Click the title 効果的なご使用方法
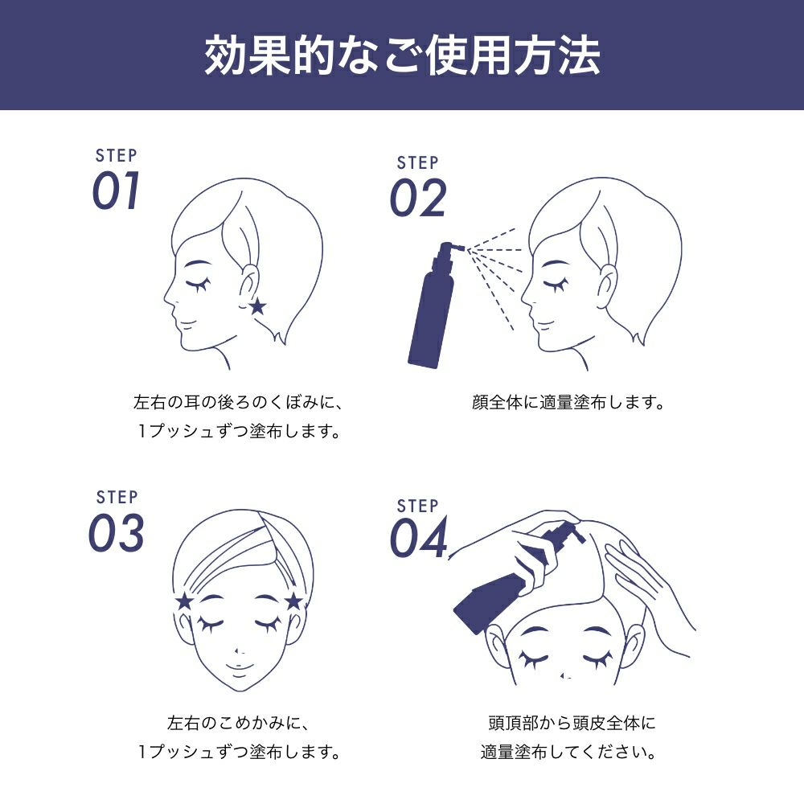402,55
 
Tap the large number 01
116,191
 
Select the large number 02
418,198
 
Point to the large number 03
116,533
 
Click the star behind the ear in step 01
257,306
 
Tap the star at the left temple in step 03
184,601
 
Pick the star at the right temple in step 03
293,601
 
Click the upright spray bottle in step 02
433,304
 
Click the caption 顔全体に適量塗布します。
568,403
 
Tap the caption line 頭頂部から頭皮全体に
572,723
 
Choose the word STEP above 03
117,497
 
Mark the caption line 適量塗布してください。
568,753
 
